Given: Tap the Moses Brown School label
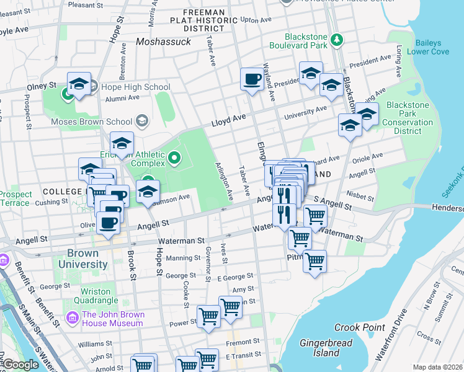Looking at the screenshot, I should tap(91, 122).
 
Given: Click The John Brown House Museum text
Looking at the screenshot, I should tap(112, 319).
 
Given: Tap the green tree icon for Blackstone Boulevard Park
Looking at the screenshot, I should tap(336, 40).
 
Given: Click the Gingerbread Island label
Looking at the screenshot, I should tap(326, 348).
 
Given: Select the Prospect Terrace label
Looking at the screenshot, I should tap(15, 198).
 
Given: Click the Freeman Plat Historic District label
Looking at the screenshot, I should tap(203, 20).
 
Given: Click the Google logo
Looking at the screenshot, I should tap(20, 365).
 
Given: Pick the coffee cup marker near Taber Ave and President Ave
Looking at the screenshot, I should tap(252, 79).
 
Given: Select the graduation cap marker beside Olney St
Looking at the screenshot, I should tap(79, 85).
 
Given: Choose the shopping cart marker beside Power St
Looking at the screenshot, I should tap(209, 317).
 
